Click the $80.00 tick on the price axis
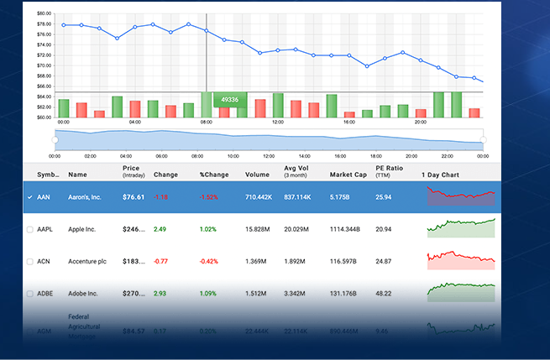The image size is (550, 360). [45, 13]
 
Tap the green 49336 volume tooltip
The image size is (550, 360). [229, 100]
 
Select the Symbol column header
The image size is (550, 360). [48, 175]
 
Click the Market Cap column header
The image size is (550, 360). [347, 175]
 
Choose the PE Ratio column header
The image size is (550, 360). [390, 171]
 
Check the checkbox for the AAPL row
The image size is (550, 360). [30, 229]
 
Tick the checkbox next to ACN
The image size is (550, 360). [30, 262]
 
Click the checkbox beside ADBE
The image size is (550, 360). [30, 294]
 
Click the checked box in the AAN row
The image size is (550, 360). [30, 197]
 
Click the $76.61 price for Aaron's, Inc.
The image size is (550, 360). [134, 197]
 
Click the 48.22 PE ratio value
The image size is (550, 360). [384, 294]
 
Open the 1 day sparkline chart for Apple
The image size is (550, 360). [461, 227]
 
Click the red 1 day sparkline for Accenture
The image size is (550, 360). [461, 258]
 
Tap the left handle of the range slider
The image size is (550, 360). [55, 139]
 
